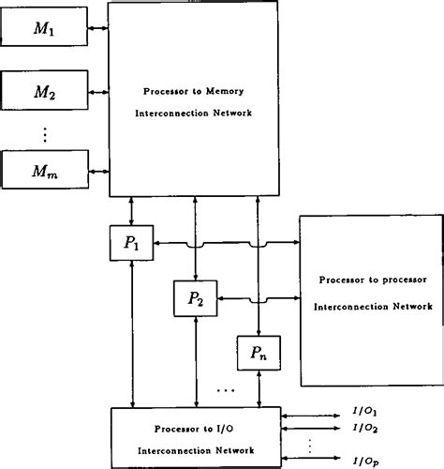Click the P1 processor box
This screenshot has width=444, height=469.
point(131,243)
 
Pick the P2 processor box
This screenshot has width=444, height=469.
point(195,299)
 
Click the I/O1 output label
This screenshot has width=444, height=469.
point(365,411)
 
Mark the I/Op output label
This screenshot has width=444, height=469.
point(365,461)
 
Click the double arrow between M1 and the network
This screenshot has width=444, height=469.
point(97,30)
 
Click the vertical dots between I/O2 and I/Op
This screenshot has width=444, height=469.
point(310,445)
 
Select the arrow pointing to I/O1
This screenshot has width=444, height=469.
point(314,411)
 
